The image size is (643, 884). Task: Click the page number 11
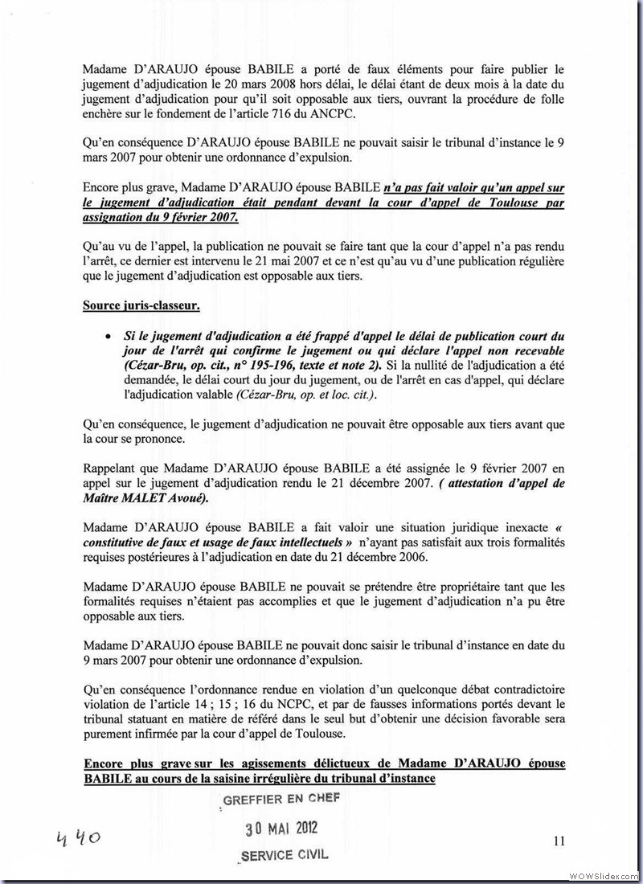click(559, 841)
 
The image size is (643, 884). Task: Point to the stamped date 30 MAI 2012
click(281, 829)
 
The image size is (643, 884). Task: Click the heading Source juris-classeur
click(141, 305)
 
